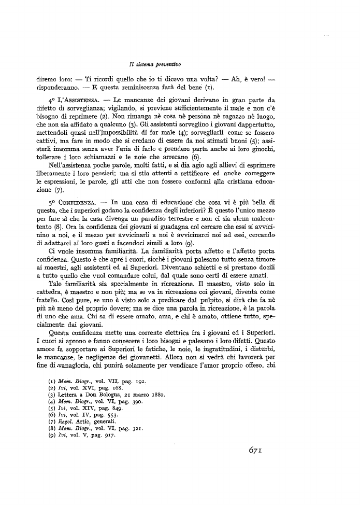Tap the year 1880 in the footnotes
(154, 395)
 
